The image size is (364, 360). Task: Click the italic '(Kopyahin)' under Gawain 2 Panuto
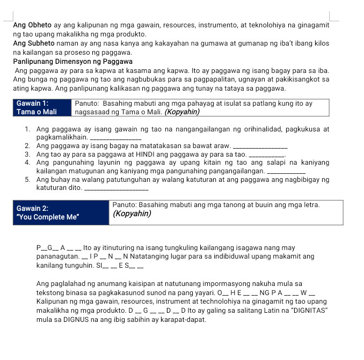click(x=132, y=214)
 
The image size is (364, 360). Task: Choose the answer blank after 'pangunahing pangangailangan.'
click(x=287, y=172)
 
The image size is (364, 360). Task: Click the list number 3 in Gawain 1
click(x=27, y=154)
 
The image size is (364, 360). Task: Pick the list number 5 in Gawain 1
click(x=27, y=179)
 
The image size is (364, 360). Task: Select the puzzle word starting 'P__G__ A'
click(x=59, y=248)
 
